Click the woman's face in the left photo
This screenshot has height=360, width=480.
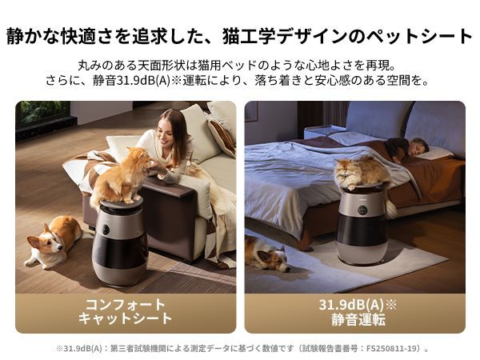click(x=170, y=130)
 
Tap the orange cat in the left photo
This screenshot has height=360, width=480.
click(x=122, y=178)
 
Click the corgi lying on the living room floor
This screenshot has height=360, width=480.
click(x=54, y=240)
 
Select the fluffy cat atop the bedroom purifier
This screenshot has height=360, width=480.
click(x=362, y=173)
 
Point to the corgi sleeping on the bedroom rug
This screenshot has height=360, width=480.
click(x=266, y=254)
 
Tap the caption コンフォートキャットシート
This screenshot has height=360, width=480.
click(x=125, y=311)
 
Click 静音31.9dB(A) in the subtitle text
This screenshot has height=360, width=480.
click(x=138, y=81)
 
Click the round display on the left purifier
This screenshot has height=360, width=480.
click(x=106, y=230)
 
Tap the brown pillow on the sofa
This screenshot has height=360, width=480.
click(x=221, y=136)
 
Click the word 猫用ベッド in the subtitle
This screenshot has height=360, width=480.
click(x=246, y=65)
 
